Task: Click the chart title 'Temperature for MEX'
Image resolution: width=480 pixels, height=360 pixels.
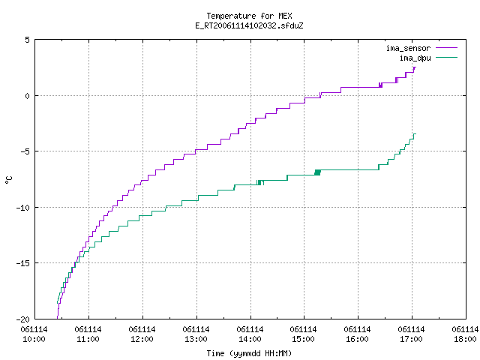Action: [249, 16]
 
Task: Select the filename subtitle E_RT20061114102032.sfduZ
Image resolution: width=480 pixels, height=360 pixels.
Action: [249, 25]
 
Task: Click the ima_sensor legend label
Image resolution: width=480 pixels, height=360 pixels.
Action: [408, 48]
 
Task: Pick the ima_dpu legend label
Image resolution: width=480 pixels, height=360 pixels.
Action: [415, 58]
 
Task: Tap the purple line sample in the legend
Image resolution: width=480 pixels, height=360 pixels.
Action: [447, 48]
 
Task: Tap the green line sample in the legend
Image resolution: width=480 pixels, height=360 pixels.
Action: [447, 57]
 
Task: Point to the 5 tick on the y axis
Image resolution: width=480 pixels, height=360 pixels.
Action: [28, 40]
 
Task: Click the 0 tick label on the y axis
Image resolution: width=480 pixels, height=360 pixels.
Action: [28, 96]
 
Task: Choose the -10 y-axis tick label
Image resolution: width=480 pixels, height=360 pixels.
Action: [23, 208]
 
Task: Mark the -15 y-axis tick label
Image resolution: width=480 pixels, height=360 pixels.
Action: [23, 263]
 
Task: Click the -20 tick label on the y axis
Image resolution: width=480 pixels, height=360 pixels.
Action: [23, 319]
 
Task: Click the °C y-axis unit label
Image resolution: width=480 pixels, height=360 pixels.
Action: [8, 180]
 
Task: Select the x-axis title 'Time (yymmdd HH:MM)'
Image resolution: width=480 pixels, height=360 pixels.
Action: [249, 353]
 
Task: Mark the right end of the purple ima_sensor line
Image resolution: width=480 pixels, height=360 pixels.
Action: [415, 67]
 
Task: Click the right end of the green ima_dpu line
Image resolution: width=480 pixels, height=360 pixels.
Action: [415, 133]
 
